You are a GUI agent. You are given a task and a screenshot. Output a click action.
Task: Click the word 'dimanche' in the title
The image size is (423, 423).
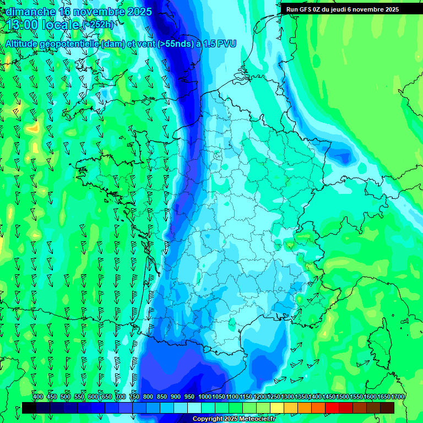pos(28,12)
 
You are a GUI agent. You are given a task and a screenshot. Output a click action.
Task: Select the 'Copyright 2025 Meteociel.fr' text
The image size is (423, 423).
pos(234,419)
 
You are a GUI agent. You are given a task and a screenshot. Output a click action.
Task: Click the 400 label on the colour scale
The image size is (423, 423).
pos(38,397)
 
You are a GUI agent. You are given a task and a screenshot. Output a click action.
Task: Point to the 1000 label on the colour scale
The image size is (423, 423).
pos(204,397)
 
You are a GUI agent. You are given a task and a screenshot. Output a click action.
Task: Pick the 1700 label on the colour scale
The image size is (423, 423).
pos(397,397)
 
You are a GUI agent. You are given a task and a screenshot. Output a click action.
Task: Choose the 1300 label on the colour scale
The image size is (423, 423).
pos(288,397)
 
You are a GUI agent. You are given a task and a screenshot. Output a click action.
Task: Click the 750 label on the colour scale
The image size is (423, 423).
pos(134,397)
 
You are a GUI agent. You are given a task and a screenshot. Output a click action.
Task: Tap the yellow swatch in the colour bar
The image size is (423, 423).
pos(277,408)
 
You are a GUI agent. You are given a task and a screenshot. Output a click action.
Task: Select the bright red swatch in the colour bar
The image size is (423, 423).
pos(332,408)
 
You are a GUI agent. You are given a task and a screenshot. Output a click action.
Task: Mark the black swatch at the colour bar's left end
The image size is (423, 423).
pos(29,408)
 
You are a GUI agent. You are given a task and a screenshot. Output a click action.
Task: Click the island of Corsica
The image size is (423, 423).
pos(379,344)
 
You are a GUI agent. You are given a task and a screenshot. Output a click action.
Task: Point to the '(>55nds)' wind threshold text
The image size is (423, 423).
pos(176,44)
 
